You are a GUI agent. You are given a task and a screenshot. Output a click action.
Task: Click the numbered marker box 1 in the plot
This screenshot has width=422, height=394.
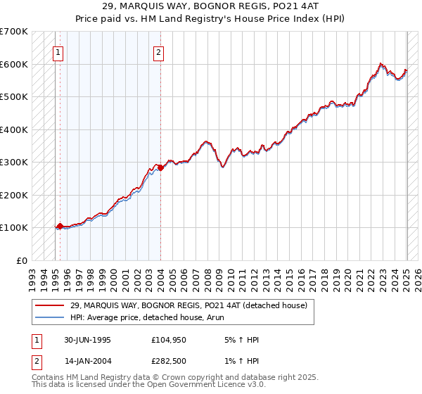click(x=58, y=51)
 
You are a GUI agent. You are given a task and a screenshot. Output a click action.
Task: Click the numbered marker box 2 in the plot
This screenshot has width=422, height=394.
click(x=159, y=51)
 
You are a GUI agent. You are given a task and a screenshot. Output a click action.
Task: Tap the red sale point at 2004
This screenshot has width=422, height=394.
click(x=160, y=167)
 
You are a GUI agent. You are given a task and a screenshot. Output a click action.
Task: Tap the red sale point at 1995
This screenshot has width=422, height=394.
click(x=60, y=226)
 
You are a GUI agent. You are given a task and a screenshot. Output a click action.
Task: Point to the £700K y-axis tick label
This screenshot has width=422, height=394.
click(x=14, y=32)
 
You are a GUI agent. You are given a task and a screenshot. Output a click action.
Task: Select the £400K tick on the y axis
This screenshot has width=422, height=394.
click(x=14, y=129)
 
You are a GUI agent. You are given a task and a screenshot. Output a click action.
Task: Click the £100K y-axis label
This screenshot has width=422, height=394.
click(x=14, y=227)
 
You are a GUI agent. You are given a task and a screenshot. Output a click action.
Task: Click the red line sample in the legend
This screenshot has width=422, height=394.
click(x=49, y=306)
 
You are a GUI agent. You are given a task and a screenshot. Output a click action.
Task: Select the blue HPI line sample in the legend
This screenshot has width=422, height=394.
click(x=49, y=317)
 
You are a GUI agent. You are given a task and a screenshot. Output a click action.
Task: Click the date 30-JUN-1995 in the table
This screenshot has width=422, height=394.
click(x=87, y=340)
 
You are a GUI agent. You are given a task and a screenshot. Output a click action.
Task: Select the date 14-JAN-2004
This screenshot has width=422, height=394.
click(x=87, y=362)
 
